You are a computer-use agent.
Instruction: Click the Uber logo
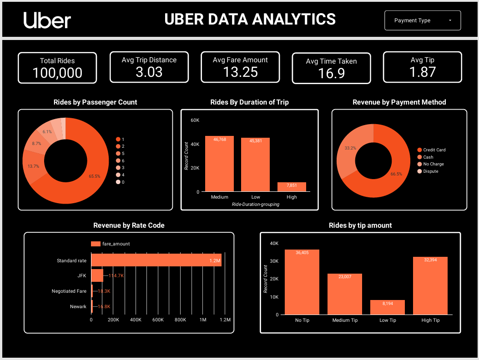tap(47, 20)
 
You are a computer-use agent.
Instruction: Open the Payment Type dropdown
tap(422, 20)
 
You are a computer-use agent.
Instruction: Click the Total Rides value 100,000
tap(57, 73)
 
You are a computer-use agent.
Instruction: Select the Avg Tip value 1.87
tap(422, 72)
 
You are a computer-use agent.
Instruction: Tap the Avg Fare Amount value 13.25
tap(240, 72)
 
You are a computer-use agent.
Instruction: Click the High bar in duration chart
tap(292, 187)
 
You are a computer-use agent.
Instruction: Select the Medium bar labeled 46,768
tap(219, 164)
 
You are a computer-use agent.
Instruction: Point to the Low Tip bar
tap(388, 307)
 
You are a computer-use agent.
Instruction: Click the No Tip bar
tap(302, 282)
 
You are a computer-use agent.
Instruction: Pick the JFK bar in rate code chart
tap(97, 275)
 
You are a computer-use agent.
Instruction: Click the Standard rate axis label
tap(71, 260)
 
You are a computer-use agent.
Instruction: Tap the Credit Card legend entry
tap(434, 150)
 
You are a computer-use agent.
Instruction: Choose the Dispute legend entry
tap(430, 171)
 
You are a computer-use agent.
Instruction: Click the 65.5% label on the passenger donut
tap(95, 176)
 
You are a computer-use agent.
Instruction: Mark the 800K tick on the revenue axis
tap(181, 320)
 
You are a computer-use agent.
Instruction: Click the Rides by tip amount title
tap(360, 225)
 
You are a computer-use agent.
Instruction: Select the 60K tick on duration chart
tap(195, 120)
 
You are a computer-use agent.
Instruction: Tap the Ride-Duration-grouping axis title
tap(255, 204)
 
